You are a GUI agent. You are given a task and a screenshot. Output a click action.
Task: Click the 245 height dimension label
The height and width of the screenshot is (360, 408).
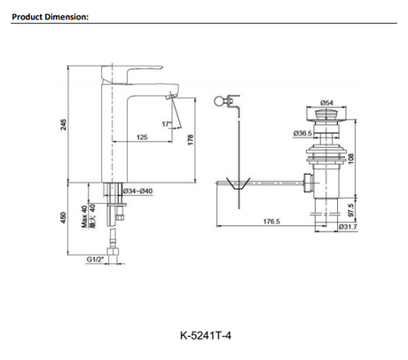coord(63,124)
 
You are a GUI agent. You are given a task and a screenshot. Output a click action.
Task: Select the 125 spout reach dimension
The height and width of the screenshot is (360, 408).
coord(142,137)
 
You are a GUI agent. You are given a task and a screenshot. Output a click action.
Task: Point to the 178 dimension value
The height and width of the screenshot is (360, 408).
coord(191,139)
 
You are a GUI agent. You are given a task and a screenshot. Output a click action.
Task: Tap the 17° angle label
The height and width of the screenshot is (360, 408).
coord(167,124)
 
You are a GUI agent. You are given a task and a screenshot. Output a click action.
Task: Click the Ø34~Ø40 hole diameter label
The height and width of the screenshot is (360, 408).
coord(137,192)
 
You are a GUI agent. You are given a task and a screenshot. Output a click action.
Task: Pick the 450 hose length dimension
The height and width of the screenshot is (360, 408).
coord(63,217)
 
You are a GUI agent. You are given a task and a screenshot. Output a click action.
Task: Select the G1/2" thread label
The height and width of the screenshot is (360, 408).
coord(95,260)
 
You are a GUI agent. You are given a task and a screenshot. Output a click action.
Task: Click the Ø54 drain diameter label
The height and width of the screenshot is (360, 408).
coord(326,103)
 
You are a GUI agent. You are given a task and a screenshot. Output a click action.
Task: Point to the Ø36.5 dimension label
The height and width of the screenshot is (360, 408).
coord(302,133)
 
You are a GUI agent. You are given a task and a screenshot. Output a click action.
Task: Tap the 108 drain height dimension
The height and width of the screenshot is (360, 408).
coord(351,159)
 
